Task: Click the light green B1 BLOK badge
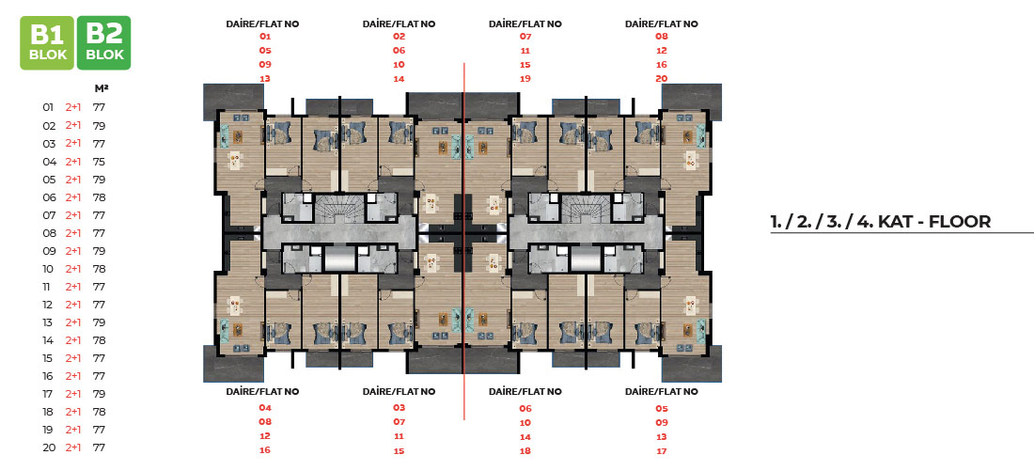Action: tap(48, 43)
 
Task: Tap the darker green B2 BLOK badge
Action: tap(104, 43)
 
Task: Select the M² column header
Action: tap(101, 87)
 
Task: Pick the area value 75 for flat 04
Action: tap(100, 162)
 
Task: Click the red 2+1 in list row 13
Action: tap(73, 322)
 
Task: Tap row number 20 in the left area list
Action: tap(48, 447)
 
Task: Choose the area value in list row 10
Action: tap(100, 269)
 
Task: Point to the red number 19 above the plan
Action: tap(525, 79)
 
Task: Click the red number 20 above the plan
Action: tap(662, 79)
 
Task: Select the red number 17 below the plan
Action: tap(662, 451)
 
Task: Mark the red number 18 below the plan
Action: tap(525, 451)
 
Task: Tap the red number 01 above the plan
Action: tap(266, 37)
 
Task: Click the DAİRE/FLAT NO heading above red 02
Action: tap(399, 24)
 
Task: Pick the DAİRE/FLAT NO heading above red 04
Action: tap(262, 392)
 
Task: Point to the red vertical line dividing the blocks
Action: tap(464, 242)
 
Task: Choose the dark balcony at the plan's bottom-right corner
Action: tap(691, 365)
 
